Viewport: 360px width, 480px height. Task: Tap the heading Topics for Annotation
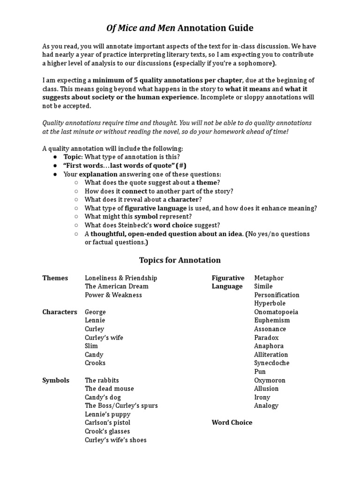[180, 260]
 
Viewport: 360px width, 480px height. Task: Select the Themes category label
[55, 278]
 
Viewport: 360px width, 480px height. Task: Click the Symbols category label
[56, 380]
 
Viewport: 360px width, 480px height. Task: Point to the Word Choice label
[232, 422]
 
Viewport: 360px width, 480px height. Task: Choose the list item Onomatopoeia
[276, 312]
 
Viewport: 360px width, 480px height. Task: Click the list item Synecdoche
[272, 363]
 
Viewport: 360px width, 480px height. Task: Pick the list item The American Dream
[117, 286]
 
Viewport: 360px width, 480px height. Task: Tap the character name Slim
[91, 346]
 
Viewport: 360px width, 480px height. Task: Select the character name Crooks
[95, 363]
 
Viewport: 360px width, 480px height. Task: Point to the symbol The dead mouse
[109, 389]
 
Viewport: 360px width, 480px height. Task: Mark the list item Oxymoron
[270, 380]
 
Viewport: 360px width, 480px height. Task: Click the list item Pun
[260, 371]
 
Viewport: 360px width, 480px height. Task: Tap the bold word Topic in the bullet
[73, 157]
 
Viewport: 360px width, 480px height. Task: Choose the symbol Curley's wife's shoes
[116, 440]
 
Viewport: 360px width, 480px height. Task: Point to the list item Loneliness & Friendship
[121, 278]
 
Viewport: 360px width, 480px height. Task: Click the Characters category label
[60, 312]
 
